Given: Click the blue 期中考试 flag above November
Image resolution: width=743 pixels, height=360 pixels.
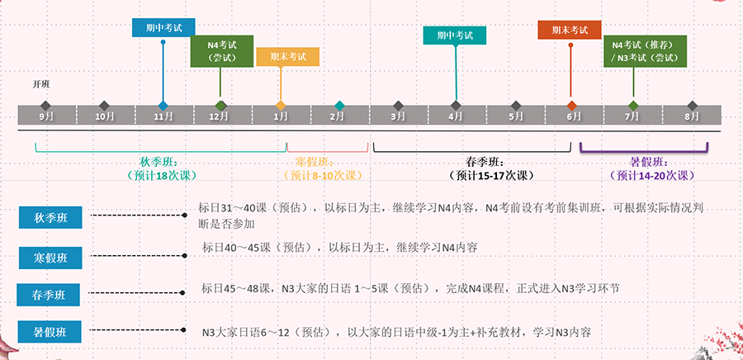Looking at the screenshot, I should click(x=163, y=27).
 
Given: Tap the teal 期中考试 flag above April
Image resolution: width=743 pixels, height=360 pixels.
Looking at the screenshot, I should click(x=454, y=36).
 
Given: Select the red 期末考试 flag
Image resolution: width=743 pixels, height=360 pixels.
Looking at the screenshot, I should click(x=570, y=30).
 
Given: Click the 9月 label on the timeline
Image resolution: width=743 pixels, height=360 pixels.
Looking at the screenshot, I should click(x=46, y=116).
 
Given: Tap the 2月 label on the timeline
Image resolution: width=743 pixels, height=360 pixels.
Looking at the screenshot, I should click(x=337, y=116).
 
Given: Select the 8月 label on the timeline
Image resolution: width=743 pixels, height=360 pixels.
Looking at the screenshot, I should click(x=692, y=116).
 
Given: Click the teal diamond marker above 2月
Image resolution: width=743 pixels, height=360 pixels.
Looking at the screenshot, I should click(x=339, y=105).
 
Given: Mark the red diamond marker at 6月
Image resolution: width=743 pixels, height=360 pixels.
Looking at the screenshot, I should click(x=572, y=105).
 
